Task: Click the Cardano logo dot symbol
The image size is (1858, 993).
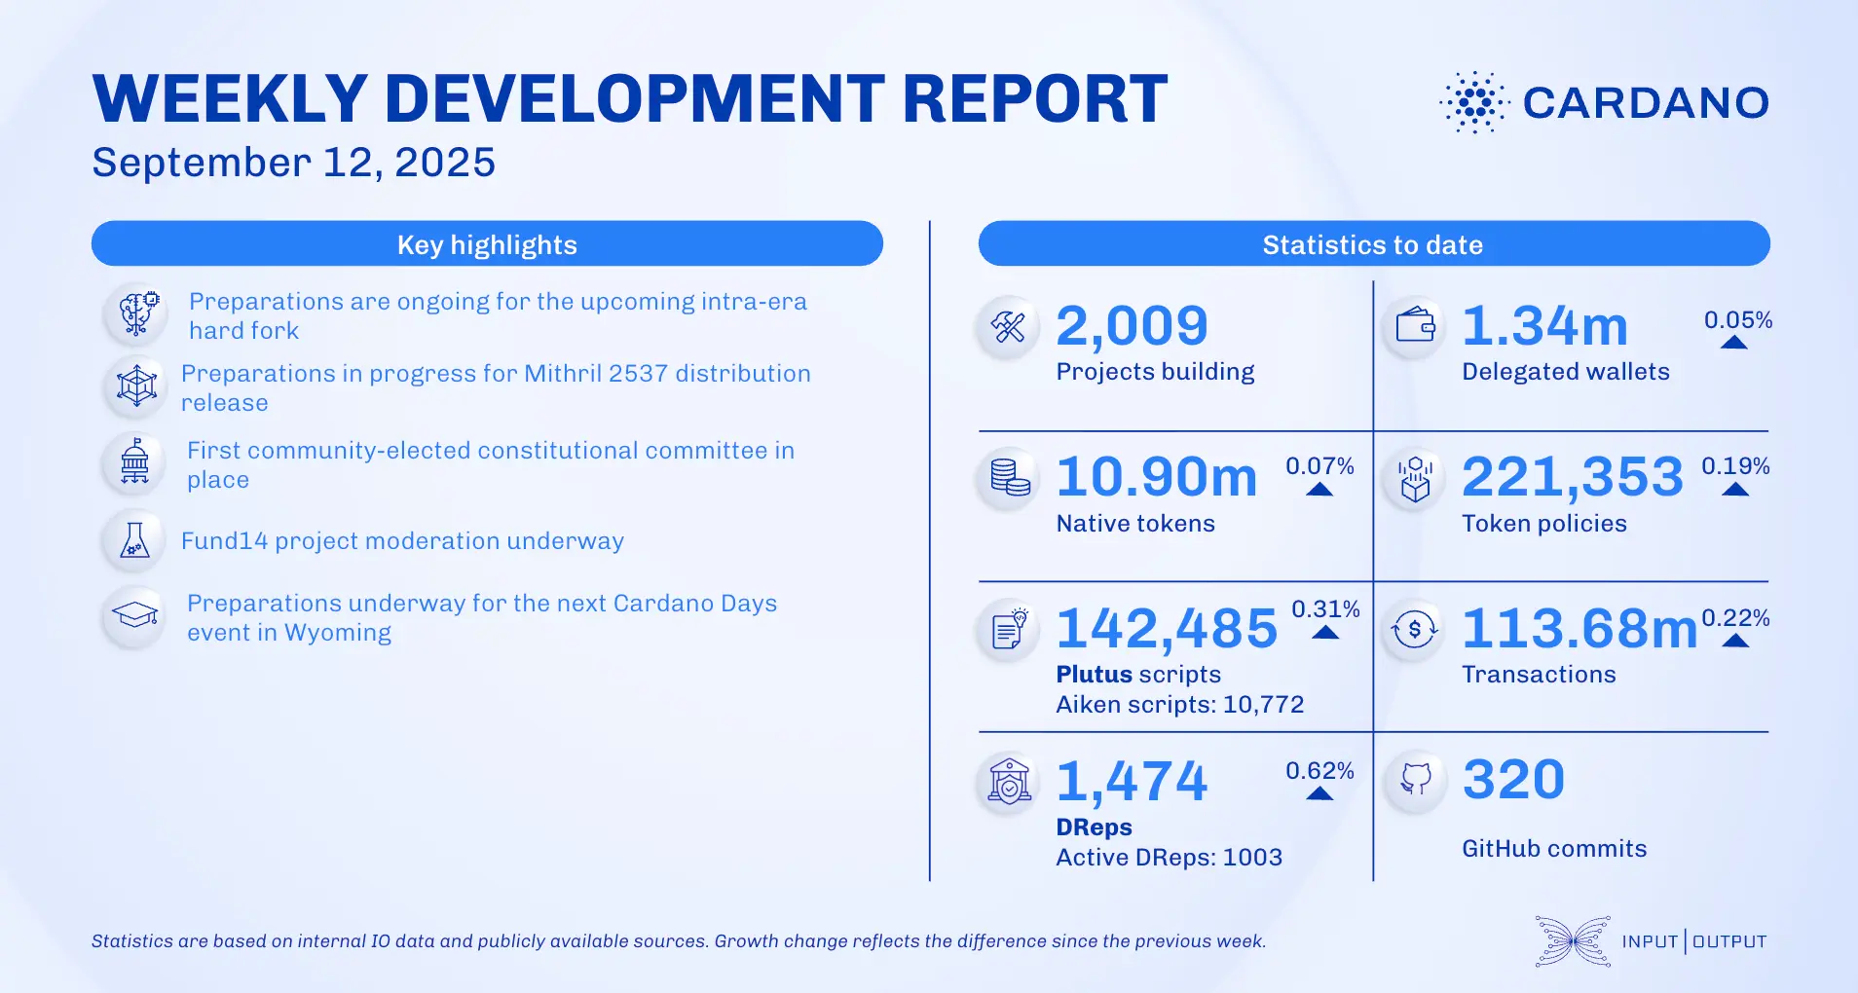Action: (x=1474, y=102)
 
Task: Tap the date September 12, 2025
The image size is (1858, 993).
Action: (x=293, y=163)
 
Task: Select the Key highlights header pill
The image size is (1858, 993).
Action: (x=487, y=244)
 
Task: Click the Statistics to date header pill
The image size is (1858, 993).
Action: (x=1373, y=244)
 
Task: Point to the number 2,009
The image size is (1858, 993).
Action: (x=1132, y=326)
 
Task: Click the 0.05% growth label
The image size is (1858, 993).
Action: (x=1737, y=320)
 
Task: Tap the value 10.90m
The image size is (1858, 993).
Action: (x=1156, y=477)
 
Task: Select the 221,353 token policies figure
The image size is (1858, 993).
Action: (x=1572, y=477)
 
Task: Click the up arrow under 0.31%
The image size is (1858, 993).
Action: (x=1325, y=633)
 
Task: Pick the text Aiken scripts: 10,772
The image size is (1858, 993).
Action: (x=1179, y=705)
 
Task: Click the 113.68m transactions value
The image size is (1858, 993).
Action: (x=1579, y=629)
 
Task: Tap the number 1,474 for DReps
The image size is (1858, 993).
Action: (x=1132, y=782)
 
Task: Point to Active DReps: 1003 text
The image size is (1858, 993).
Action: (x=1169, y=858)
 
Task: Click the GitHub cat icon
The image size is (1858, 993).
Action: (x=1415, y=779)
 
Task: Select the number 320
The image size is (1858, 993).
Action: (x=1513, y=780)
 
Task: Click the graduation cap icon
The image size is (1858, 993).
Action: (x=134, y=615)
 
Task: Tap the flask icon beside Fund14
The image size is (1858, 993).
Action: (x=134, y=540)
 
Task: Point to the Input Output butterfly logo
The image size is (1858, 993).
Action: (x=1572, y=941)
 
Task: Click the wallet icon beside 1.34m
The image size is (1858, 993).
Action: (x=1415, y=326)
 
